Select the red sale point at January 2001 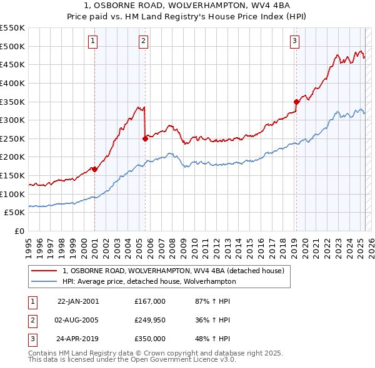pos(94,168)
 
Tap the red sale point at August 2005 pos(145,138)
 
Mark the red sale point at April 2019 pos(296,102)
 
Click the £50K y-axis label pos(14,212)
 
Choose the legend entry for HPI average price pos(149,281)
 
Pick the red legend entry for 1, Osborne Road pos(173,271)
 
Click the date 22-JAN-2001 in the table pos(78,301)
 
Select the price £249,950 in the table pos(150,320)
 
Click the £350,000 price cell pos(150,339)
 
